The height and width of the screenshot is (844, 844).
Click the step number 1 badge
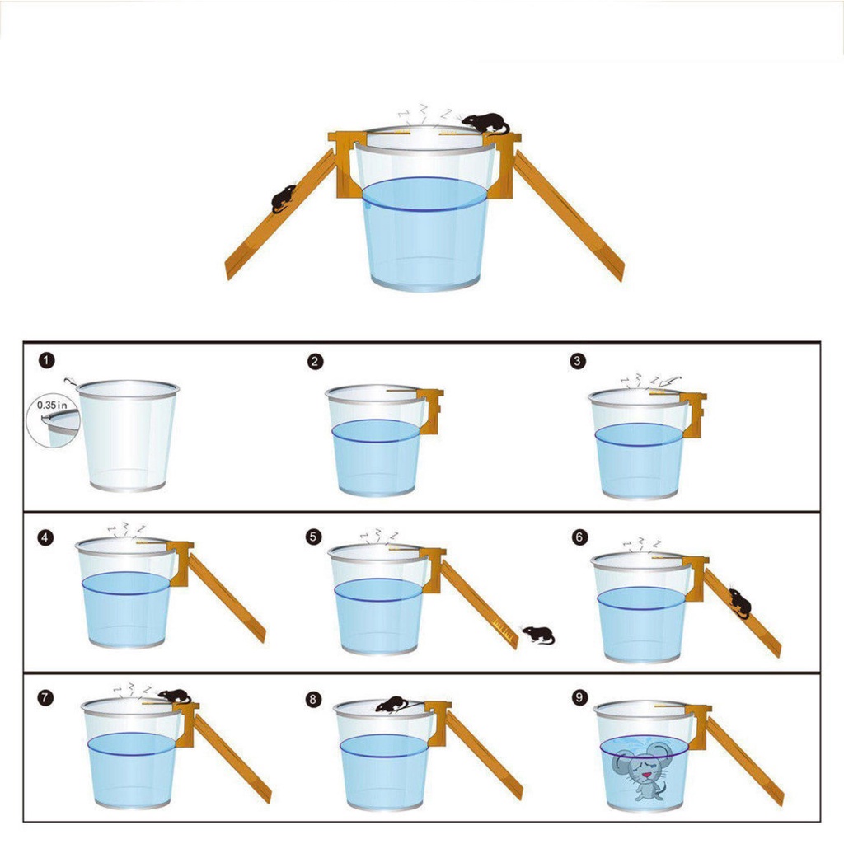[47, 361]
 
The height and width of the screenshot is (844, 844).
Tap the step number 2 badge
[314, 361]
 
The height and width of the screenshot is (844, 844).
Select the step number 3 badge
[578, 361]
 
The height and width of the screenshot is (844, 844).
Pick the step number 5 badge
[312, 537]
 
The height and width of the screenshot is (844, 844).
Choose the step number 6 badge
[579, 537]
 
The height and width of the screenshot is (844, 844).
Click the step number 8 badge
[312, 699]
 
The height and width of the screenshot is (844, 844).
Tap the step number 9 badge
[579, 698]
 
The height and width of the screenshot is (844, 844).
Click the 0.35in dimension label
[52, 406]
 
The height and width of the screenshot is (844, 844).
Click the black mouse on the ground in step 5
[539, 635]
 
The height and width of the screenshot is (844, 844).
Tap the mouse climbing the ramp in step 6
[739, 603]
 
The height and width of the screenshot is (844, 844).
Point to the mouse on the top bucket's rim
[485, 123]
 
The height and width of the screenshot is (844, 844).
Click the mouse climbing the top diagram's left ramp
[283, 198]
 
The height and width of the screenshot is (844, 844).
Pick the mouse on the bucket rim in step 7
[174, 696]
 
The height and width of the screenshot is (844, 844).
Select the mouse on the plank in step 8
[392, 704]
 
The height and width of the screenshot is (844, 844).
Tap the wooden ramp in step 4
[227, 598]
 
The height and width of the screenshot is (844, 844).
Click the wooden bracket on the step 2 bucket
[432, 404]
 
